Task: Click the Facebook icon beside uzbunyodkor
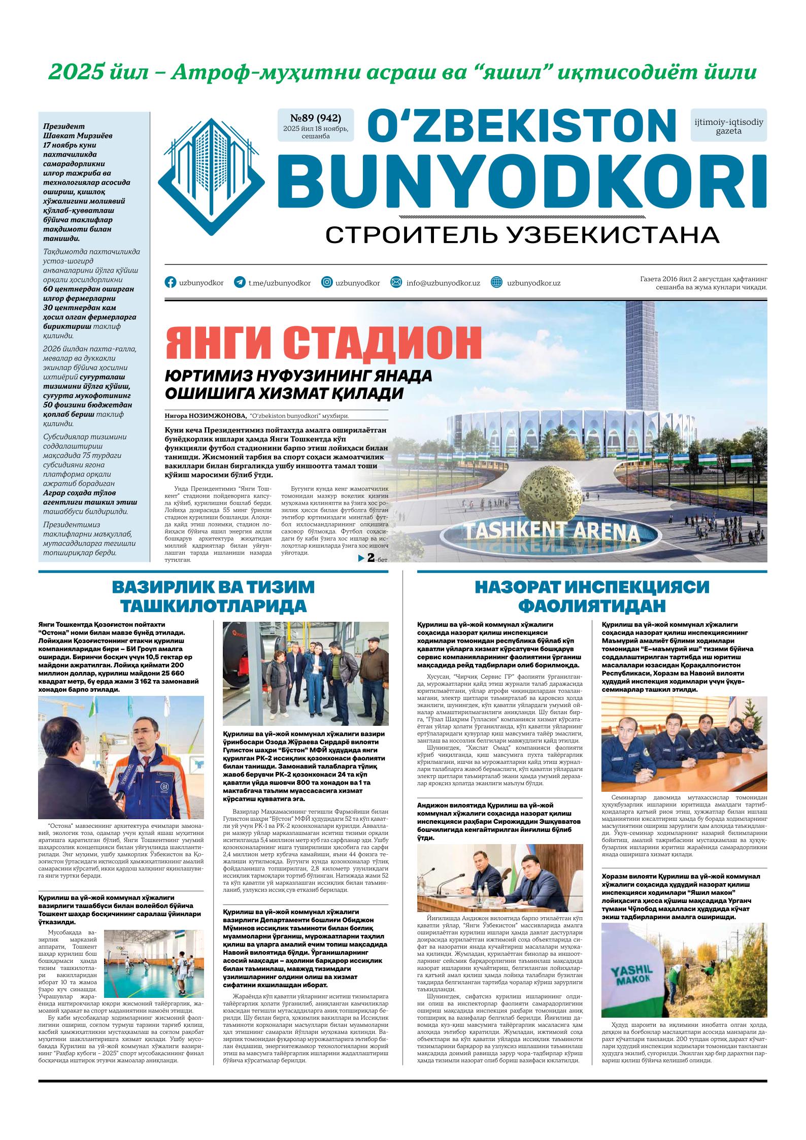[171, 283]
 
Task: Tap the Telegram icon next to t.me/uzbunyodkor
[239, 283]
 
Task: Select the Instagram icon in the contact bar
[327, 283]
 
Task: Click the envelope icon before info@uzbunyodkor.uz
[396, 283]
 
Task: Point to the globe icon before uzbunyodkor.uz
[497, 283]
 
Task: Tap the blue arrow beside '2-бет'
[361, 558]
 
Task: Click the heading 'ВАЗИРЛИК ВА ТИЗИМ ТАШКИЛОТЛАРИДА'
[213, 596]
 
